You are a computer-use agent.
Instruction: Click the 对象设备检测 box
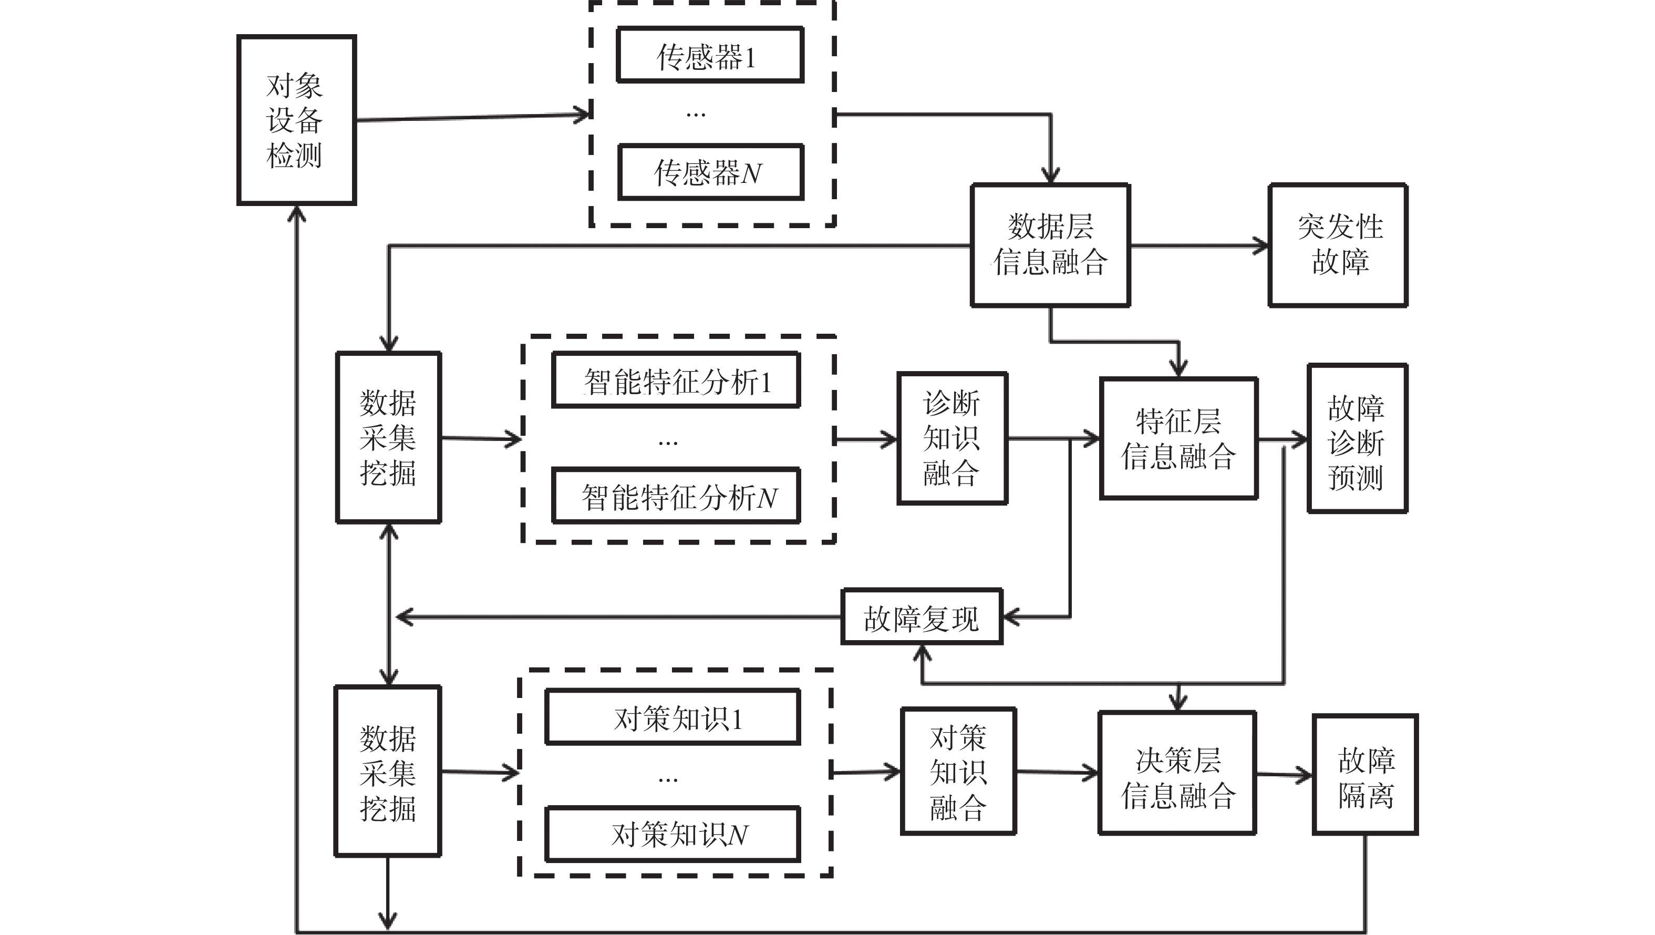[x=296, y=120]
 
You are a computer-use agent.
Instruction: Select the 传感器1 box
[x=710, y=55]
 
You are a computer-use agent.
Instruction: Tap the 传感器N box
[x=710, y=172]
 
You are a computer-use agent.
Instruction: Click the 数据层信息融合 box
[x=1050, y=245]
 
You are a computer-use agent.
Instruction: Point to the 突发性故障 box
[x=1338, y=245]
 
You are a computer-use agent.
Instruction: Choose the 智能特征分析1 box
[x=676, y=380]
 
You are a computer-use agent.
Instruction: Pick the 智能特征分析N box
[x=676, y=496]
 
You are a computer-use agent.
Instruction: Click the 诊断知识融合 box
[x=951, y=438]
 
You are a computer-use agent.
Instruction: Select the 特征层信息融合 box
[x=1178, y=438]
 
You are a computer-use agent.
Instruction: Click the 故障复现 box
[x=922, y=617]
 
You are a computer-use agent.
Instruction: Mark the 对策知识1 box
[x=673, y=717]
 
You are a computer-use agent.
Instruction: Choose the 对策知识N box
[x=673, y=834]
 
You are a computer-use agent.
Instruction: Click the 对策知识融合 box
[x=958, y=771]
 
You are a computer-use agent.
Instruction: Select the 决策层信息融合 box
[x=1177, y=773]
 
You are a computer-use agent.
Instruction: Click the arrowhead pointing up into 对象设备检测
[x=296, y=213]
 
